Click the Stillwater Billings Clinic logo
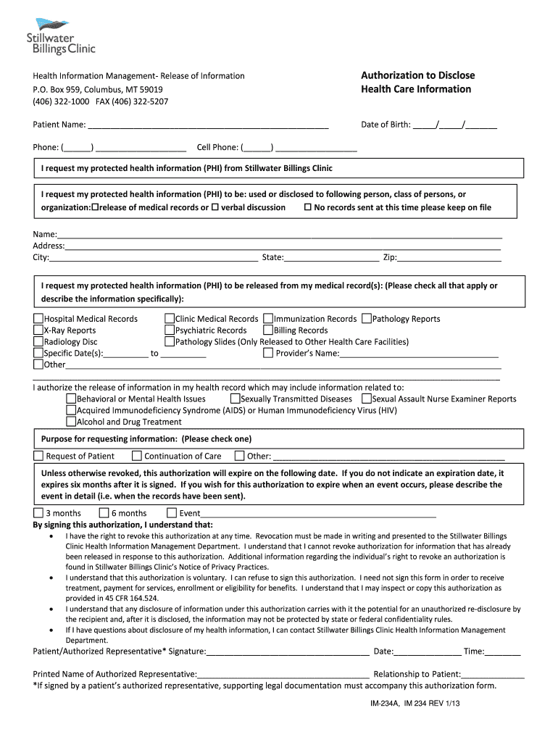60,36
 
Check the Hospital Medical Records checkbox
38,319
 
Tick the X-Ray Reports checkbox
38,330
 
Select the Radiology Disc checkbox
38,342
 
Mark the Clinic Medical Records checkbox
170,319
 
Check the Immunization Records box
268,319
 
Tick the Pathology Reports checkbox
367,319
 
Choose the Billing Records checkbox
268,330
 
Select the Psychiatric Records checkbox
170,330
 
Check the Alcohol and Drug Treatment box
71,422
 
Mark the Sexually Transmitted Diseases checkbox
236,399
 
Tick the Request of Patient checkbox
38,456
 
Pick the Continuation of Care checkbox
136,456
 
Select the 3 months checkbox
38,513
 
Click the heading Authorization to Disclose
417,75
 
